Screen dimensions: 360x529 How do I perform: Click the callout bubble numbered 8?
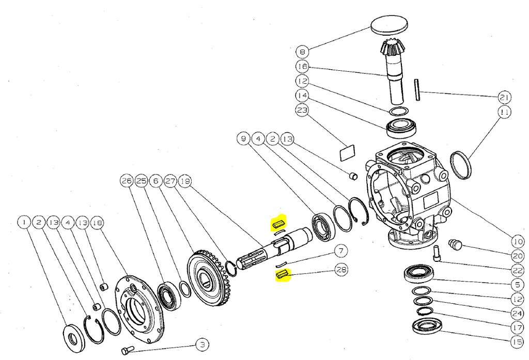coord(302,52)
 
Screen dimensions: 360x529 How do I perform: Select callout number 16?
coord(302,67)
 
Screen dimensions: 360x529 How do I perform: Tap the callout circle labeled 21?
coord(505,97)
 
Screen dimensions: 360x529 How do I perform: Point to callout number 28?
coord(341,269)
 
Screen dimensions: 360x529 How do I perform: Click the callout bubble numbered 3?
coord(202,345)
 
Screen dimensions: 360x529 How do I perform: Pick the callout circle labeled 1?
coord(24,223)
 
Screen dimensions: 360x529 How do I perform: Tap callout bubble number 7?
coord(340,252)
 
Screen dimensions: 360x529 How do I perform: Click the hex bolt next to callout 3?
coord(127,351)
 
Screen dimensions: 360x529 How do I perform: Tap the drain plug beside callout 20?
coord(455,244)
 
